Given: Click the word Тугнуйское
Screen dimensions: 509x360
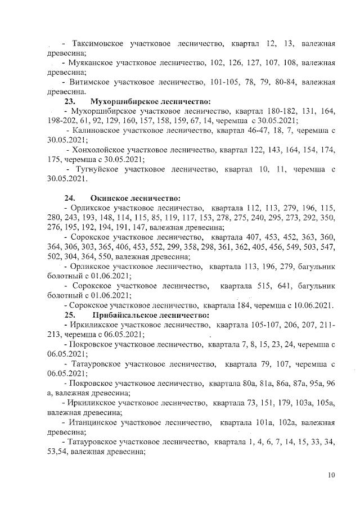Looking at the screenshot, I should point(98,169).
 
